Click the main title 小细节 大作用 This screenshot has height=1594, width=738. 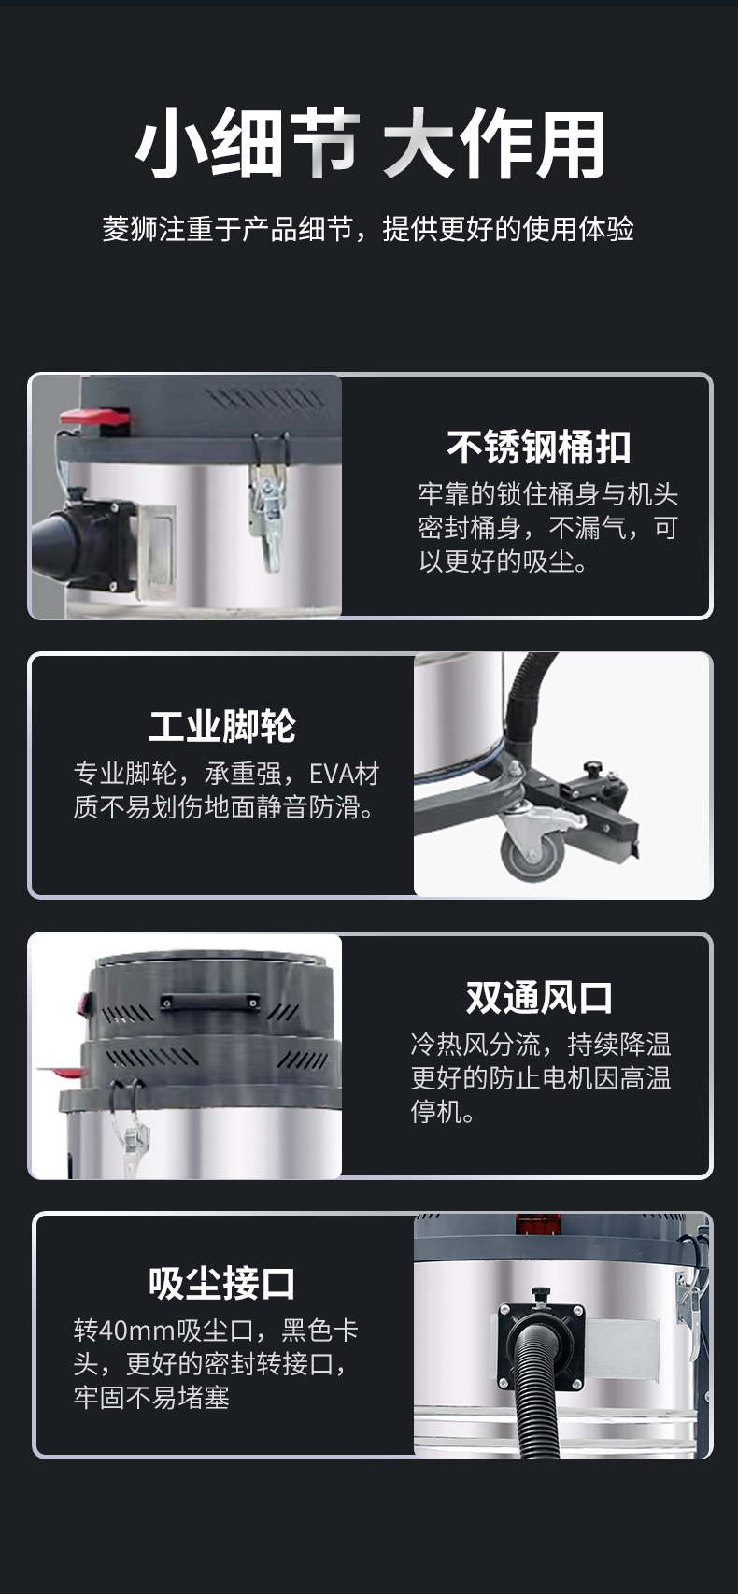tap(369, 145)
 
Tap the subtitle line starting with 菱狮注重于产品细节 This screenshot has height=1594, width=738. tap(369, 229)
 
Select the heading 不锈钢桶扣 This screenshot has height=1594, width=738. tap(538, 448)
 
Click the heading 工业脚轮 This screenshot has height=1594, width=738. tap(222, 726)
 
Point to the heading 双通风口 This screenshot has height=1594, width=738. tap(539, 997)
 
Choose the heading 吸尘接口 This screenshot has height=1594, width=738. tap(222, 1283)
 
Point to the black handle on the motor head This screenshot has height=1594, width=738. tap(209, 1002)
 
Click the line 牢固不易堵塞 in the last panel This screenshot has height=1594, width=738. tap(151, 1398)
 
